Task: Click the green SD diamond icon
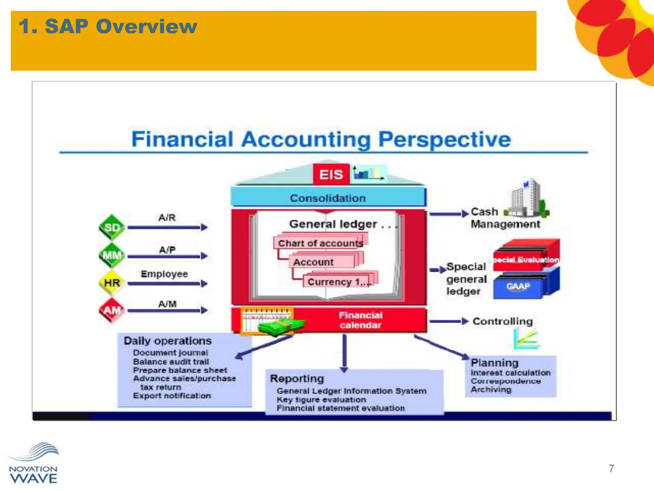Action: tap(112, 227)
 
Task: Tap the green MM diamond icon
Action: tap(112, 255)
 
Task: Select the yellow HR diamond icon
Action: tap(112, 283)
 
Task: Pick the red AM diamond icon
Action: tap(112, 310)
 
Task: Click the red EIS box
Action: tap(331, 175)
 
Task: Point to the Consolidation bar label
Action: tap(328, 198)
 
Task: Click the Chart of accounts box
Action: tap(320, 243)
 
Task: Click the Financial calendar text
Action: tap(361, 320)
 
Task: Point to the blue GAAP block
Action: tap(518, 286)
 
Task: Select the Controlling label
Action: tap(503, 321)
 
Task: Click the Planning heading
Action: tap(494, 363)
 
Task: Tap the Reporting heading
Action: tap(297, 378)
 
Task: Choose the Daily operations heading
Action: tap(168, 341)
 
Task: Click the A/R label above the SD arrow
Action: tap(167, 218)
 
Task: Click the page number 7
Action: tap(611, 468)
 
